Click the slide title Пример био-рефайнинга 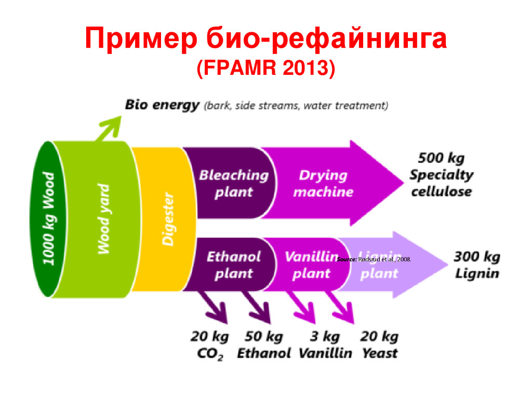click(x=265, y=41)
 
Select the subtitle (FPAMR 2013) click(x=265, y=69)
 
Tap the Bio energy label click(x=162, y=105)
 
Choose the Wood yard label click(x=104, y=219)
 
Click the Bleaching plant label click(x=233, y=183)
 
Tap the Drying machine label click(x=323, y=183)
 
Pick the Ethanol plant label click(x=233, y=265)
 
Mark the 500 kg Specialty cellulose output click(x=441, y=175)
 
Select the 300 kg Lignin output click(x=477, y=265)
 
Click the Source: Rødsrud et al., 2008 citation click(x=374, y=258)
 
